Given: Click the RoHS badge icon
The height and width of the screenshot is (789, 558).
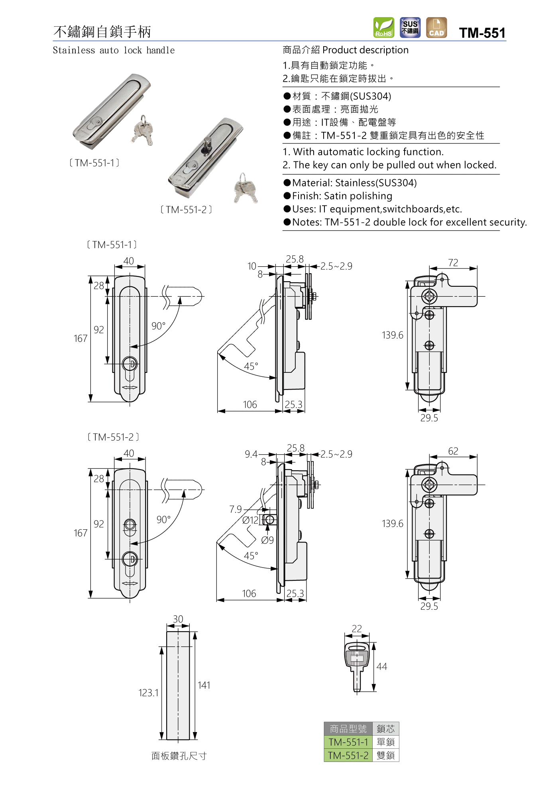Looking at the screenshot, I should coord(383,27).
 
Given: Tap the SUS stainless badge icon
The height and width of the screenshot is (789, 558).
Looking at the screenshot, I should coord(410,27).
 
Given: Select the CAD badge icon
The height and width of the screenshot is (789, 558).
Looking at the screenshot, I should coord(436,27).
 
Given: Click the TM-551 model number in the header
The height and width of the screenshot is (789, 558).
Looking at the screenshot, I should coord(482,33).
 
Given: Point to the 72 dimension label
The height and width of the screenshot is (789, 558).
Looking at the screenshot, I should coord(453,263).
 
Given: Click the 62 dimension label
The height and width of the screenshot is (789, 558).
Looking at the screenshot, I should coord(453,451).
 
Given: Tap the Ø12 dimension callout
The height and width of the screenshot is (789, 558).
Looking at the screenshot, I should coord(250,520).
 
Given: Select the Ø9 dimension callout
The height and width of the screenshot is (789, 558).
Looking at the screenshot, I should coord(267,540).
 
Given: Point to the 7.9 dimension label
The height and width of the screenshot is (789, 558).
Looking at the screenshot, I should coord(236,509).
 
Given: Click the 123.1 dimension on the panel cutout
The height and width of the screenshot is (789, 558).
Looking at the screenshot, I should coord(148,693).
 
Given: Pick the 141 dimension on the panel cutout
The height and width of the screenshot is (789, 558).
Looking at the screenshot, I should coord(204,685).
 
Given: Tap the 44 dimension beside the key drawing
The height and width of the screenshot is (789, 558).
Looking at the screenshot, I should coord(381,666).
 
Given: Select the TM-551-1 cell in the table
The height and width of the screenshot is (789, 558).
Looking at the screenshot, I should coord(348,742).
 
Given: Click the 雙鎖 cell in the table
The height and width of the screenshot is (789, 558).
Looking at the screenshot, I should coord(385,755).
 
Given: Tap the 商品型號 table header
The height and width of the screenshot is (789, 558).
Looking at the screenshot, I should coord(348,729).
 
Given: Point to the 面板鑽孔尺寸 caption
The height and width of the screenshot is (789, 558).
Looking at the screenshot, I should coord(179,756).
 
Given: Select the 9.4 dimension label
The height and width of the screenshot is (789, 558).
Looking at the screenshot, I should coord(251,454).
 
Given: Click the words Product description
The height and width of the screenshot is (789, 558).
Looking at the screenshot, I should coord(365,50).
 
